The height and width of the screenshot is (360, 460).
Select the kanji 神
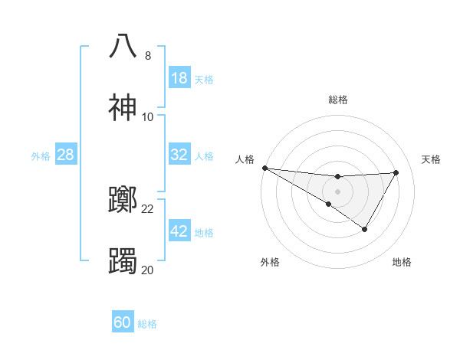click(123, 106)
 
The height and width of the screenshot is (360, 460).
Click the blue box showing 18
click(179, 78)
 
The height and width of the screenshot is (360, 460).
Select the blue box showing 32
click(179, 155)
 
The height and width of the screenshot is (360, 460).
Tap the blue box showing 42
click(179, 231)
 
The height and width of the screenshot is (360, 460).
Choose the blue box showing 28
click(66, 155)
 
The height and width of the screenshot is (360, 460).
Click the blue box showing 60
click(123, 322)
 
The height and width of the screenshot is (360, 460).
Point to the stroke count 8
click(148, 56)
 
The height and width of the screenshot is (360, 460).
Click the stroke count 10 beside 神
click(148, 117)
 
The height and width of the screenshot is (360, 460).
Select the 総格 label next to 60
click(147, 324)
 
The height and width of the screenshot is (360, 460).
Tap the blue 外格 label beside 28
click(41, 156)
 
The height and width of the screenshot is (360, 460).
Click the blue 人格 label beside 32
click(204, 156)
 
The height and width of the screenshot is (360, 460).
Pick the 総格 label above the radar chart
click(338, 100)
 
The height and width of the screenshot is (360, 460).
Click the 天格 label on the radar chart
click(432, 159)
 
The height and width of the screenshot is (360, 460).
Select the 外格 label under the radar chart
click(270, 262)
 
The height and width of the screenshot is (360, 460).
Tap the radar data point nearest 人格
click(264, 168)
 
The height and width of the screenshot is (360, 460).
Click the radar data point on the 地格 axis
click(365, 229)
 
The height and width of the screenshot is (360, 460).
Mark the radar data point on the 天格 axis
click(396, 172)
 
